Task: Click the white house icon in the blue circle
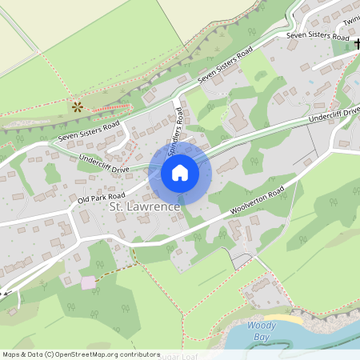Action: (180, 172)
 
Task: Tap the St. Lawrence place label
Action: (143, 208)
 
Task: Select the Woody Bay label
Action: (262, 331)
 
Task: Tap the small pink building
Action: (88, 282)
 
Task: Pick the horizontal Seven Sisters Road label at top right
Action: (318, 37)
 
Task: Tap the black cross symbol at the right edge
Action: (356, 43)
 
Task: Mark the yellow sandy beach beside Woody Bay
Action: (291, 319)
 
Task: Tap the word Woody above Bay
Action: (262, 326)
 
